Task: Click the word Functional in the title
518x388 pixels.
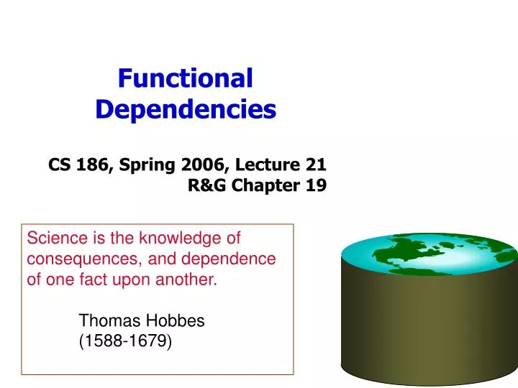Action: (x=186, y=78)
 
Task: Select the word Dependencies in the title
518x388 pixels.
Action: (x=186, y=110)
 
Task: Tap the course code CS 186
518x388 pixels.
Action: (x=77, y=165)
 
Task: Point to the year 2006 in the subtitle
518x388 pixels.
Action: (x=204, y=165)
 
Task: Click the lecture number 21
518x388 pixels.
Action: (x=314, y=165)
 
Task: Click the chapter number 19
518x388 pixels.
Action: (x=314, y=186)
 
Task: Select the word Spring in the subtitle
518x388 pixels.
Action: (x=147, y=165)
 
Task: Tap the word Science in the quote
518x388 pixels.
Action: (x=54, y=238)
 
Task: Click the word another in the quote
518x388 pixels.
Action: (x=188, y=280)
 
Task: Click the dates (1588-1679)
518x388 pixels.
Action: (x=125, y=343)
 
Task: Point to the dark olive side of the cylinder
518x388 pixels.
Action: (x=429, y=323)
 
